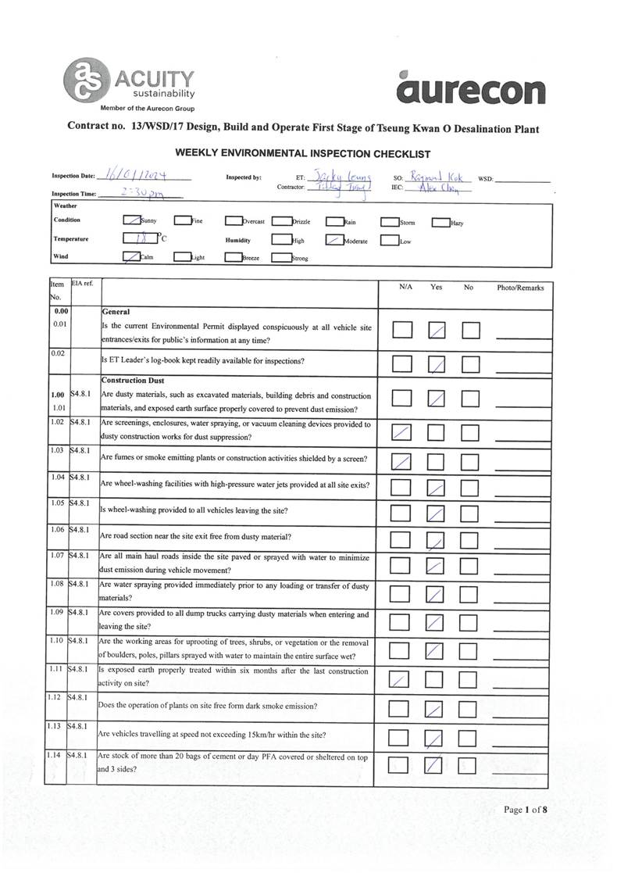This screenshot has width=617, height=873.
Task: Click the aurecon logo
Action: click(x=470, y=88)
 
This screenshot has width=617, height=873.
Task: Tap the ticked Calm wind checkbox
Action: click(x=132, y=256)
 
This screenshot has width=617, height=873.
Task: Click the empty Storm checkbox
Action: click(x=390, y=222)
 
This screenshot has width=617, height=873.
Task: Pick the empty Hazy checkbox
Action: click(x=440, y=222)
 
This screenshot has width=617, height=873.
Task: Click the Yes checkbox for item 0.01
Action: click(x=437, y=331)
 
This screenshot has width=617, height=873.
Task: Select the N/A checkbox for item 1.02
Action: click(x=401, y=431)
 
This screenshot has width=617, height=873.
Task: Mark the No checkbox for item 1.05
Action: click(x=470, y=514)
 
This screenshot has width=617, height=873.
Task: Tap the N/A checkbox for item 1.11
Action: click(x=400, y=680)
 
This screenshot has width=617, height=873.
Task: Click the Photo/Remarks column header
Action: click(x=520, y=288)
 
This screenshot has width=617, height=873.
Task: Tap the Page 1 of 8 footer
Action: click(x=525, y=809)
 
